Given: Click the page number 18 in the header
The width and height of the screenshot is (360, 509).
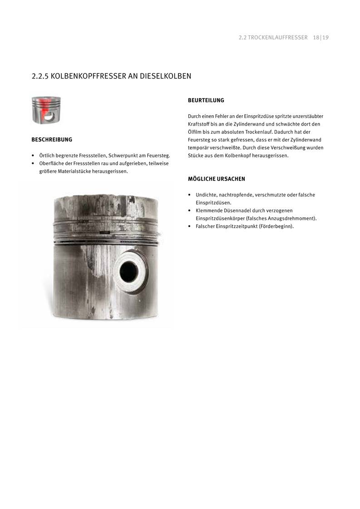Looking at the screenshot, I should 316,38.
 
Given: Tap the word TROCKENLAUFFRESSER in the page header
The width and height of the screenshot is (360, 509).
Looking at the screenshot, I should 278,38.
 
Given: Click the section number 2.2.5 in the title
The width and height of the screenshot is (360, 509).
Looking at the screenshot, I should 40,76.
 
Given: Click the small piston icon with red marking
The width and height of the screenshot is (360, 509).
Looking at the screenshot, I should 46,110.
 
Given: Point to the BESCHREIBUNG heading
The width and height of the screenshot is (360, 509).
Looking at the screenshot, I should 52,140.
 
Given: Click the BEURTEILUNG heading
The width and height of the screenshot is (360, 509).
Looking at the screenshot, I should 206,100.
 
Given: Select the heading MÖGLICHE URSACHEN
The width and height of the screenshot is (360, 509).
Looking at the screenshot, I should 217,179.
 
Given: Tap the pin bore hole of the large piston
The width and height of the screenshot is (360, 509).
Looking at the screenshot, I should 129,271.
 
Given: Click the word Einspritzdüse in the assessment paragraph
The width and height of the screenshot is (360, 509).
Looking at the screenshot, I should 258,116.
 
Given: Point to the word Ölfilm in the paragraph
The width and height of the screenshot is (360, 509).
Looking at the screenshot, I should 195,132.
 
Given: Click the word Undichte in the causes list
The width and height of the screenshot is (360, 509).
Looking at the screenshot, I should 206,195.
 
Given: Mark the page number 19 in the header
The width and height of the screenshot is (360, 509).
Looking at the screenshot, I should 325,38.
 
